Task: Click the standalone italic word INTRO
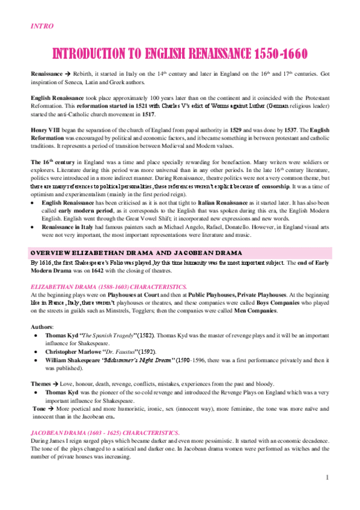pyautogui.click(x=42, y=26)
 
